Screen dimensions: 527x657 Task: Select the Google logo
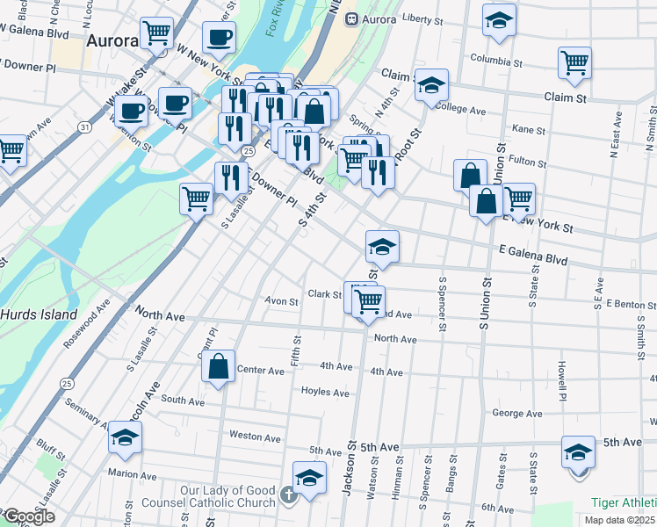(28, 517)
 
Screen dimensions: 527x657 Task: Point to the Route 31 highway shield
(83, 127)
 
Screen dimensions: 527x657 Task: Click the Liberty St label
(425, 18)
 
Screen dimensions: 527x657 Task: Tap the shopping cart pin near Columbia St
(574, 62)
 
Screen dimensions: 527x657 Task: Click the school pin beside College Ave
(431, 85)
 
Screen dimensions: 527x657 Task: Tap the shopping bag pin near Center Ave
(219, 368)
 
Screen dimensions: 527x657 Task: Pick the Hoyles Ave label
(326, 392)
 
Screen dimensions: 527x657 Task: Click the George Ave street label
(516, 412)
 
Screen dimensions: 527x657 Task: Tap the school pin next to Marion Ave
(125, 437)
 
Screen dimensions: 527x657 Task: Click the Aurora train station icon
(351, 18)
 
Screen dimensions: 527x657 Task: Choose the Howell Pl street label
(560, 379)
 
